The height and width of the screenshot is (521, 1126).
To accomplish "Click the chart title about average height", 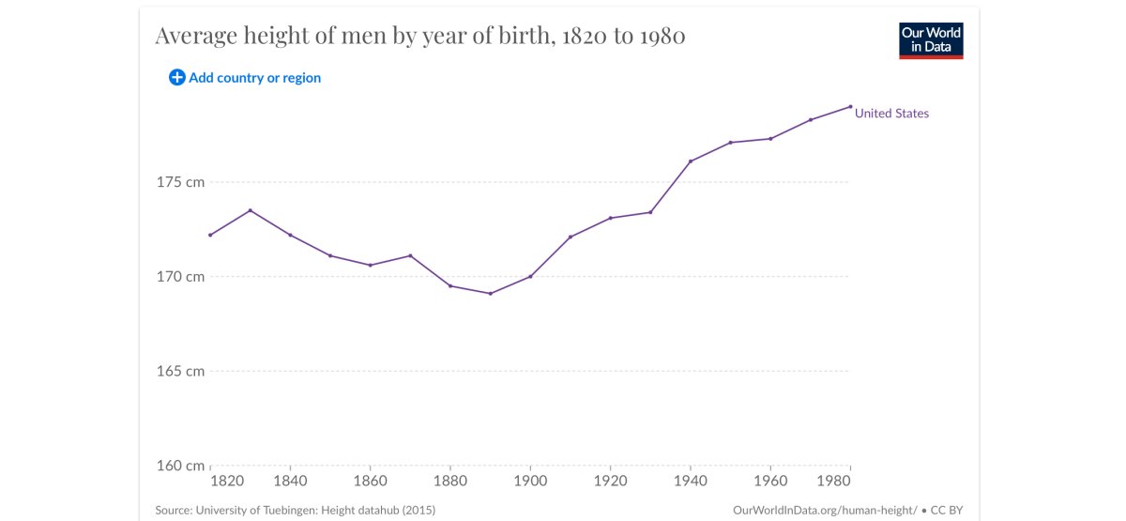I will (419, 37).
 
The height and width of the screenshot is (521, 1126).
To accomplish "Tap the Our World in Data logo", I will (931, 40).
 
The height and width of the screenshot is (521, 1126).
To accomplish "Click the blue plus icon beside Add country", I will (176, 78).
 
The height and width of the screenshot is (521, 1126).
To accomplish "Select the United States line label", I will (891, 114).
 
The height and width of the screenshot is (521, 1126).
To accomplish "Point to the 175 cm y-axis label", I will (181, 182).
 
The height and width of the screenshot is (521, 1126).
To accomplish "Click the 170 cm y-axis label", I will (181, 277).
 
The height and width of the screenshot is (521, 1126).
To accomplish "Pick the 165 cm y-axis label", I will (181, 371).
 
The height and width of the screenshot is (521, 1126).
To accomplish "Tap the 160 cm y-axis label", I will (181, 466).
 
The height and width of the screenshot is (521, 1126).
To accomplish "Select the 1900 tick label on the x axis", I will (530, 482).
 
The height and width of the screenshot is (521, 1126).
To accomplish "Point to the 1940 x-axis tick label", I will (691, 482).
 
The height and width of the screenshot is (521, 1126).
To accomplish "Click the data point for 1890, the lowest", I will (491, 294).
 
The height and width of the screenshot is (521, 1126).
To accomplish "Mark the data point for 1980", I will (850, 106).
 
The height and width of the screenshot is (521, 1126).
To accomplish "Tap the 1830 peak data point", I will (251, 210).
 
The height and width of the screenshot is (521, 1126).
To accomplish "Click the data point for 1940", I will (691, 161).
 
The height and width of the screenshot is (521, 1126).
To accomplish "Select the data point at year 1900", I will (530, 276).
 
